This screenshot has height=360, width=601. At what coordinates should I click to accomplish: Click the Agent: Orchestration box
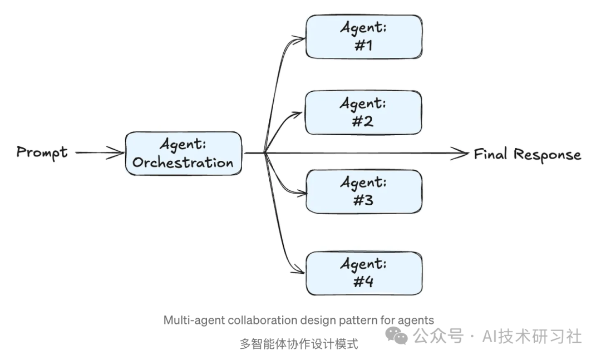pyautogui.click(x=183, y=154)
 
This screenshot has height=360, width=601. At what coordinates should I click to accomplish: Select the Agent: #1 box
pyautogui.click(x=363, y=37)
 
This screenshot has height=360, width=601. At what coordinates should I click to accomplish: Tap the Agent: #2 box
pyautogui.click(x=363, y=112)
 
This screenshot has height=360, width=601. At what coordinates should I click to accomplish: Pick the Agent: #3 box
pyautogui.click(x=363, y=191)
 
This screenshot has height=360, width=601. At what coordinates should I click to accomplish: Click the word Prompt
pyautogui.click(x=42, y=152)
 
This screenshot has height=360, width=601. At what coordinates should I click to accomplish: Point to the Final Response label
pyautogui.click(x=527, y=154)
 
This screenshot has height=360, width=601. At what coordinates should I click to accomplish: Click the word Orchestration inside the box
pyautogui.click(x=183, y=162)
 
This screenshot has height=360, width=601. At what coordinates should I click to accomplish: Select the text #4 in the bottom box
pyautogui.click(x=363, y=282)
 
